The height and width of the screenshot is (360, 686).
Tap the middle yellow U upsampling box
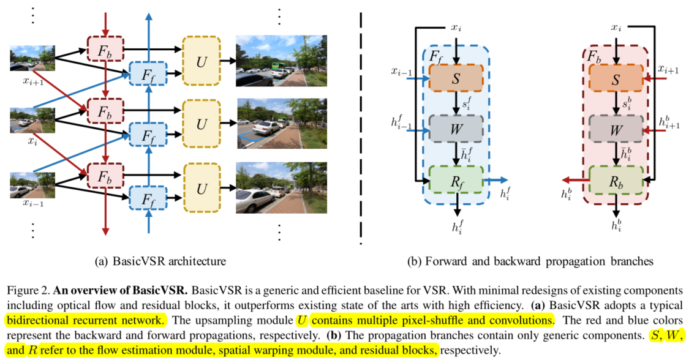pos(202,124)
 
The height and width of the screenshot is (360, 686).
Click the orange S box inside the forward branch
pos(456,77)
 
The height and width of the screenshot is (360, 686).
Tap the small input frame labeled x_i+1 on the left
pos(32,58)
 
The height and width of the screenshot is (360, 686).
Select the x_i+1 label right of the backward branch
pos(668,70)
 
